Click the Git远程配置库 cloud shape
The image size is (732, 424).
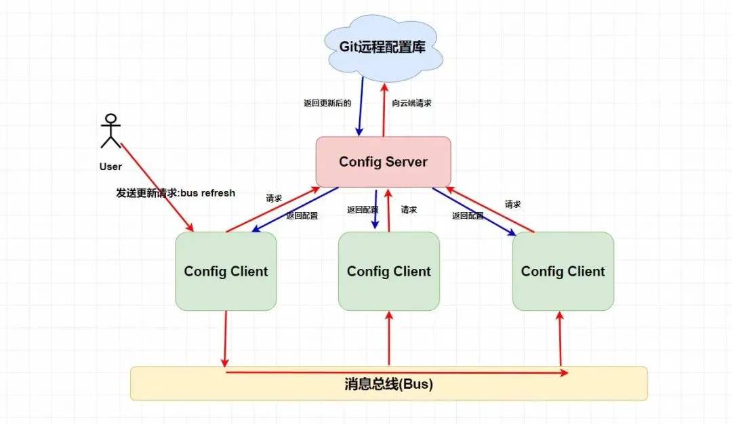coord(383,47)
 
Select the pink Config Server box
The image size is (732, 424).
coord(383,162)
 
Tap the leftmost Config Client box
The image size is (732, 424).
coord(226,272)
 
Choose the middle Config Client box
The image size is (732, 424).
coord(388,272)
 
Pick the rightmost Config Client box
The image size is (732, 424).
coord(563,272)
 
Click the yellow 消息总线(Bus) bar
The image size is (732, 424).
coord(388,384)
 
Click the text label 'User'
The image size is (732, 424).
coord(110,167)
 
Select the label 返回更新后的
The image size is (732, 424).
coord(327,104)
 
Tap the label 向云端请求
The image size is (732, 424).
coord(411,104)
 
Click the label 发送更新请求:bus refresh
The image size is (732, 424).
coord(176,193)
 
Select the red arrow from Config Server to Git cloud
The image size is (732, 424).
coord(384,108)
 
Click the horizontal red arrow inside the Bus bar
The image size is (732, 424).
coord(396,373)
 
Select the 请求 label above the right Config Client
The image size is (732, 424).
coord(512,203)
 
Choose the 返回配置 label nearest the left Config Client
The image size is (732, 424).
coord(302,216)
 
